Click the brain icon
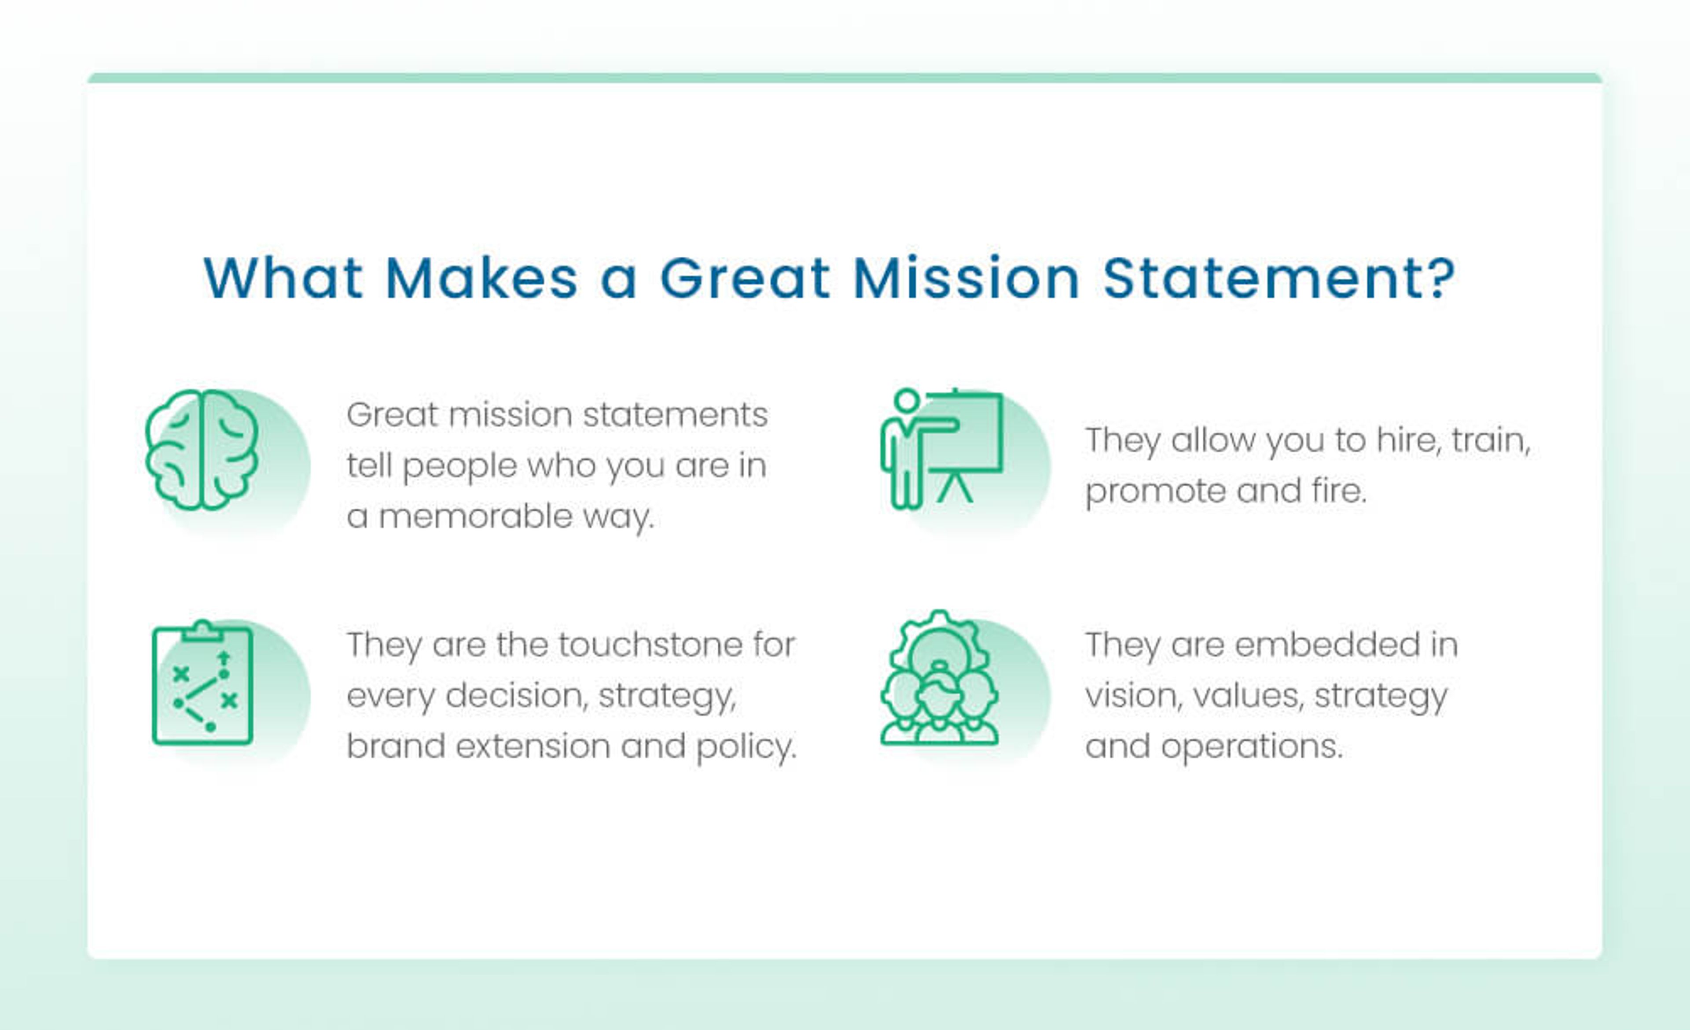point(202,450)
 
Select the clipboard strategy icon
point(203,683)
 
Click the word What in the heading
point(283,278)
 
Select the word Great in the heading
point(745,278)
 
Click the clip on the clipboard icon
point(202,630)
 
